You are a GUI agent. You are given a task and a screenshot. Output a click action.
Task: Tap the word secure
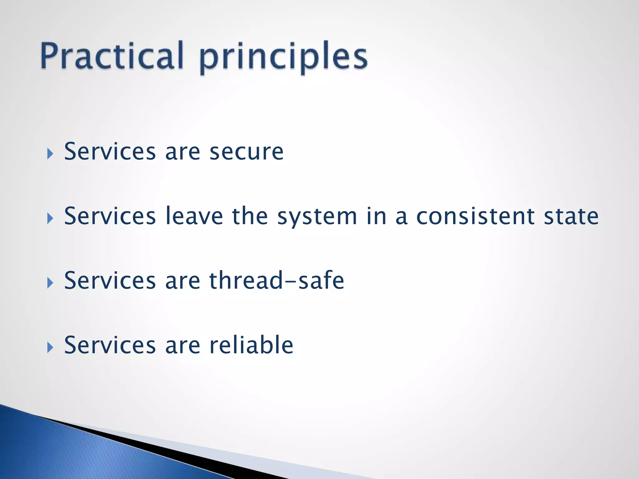point(246,152)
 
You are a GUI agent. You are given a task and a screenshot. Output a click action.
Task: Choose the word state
point(571,216)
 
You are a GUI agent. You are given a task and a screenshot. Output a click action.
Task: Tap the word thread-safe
point(276,280)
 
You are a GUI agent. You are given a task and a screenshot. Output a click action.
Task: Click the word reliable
point(251,345)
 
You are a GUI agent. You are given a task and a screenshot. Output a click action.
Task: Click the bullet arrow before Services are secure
point(50,154)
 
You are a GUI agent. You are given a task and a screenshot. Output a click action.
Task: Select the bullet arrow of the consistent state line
point(50,218)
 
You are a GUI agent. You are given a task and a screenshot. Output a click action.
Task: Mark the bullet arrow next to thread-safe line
point(50,283)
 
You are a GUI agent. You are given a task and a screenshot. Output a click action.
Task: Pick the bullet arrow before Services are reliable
point(50,347)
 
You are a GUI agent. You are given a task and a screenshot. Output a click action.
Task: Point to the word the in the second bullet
point(250,216)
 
